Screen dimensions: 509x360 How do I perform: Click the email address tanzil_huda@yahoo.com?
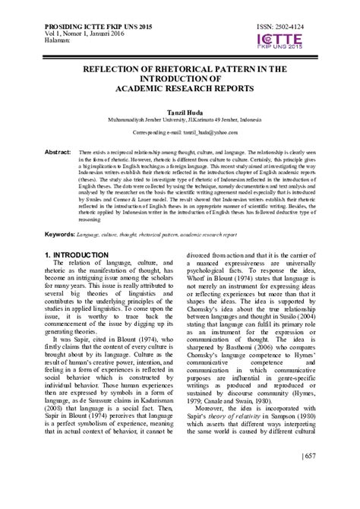pos(204,131)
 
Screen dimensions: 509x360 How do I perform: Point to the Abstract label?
pos(58,152)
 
